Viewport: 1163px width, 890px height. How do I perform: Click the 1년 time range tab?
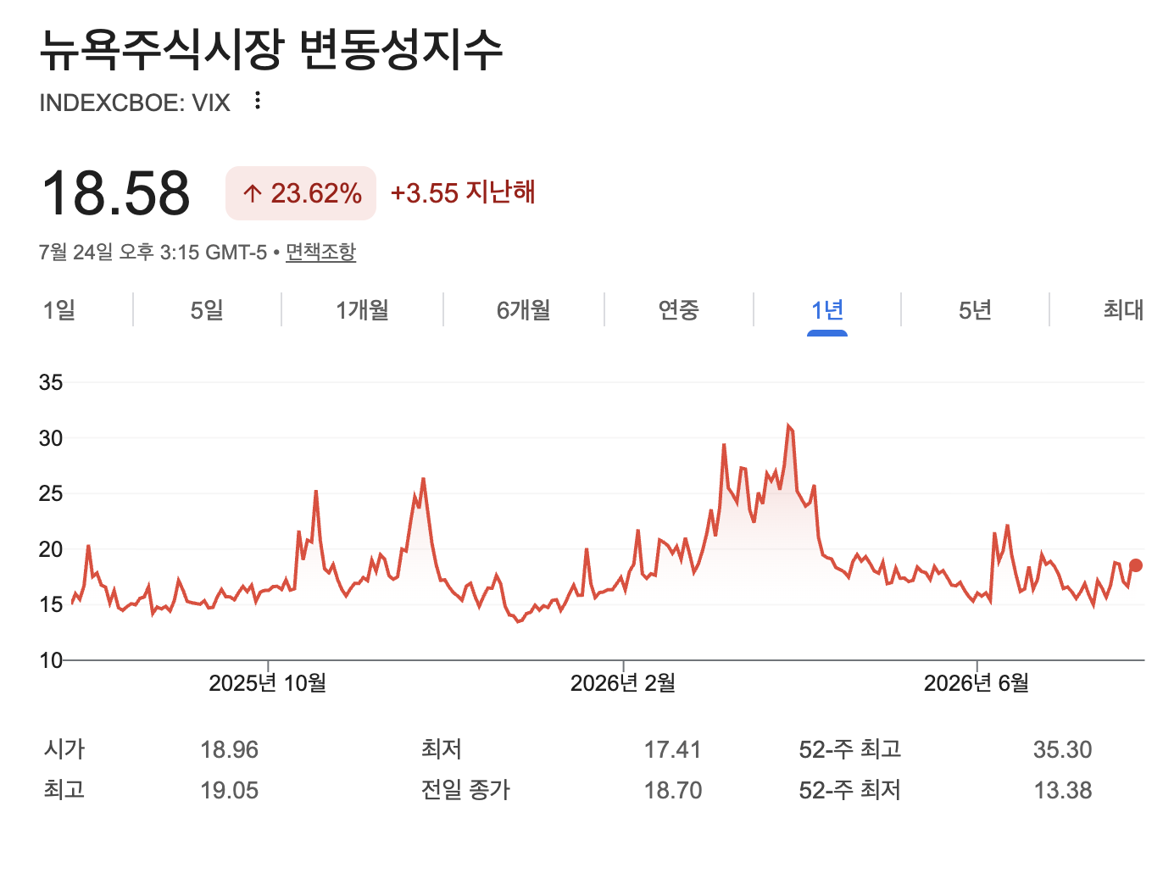coord(826,310)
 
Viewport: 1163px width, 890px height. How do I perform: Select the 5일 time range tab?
coord(207,310)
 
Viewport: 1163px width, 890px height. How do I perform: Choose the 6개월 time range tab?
coord(523,310)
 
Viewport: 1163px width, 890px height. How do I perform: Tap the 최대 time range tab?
coord(1123,310)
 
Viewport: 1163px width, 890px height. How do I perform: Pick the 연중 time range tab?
coord(678,310)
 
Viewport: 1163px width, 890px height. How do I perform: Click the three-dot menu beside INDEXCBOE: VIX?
coord(258,100)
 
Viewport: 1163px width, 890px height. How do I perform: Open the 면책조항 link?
coord(320,253)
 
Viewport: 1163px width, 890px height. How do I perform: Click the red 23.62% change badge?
coord(300,193)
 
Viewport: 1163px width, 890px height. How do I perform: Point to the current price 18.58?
coord(115,193)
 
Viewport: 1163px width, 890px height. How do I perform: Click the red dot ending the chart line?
coord(1135,566)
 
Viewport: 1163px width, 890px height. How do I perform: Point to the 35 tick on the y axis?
coord(51,382)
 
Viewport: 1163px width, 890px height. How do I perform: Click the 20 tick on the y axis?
coord(51,549)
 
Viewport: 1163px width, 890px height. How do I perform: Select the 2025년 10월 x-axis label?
coord(267,683)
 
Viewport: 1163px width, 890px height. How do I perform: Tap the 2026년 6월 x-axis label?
coord(976,683)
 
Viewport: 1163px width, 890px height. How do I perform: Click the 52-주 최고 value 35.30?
coord(1062,749)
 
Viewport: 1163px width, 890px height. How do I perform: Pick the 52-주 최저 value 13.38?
coord(1062,790)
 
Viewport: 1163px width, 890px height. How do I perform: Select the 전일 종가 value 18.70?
coord(673,790)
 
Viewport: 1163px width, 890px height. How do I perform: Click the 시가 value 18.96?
coord(229,749)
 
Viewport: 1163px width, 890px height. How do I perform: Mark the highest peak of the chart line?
coord(788,426)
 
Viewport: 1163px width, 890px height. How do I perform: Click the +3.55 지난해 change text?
coord(463,193)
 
